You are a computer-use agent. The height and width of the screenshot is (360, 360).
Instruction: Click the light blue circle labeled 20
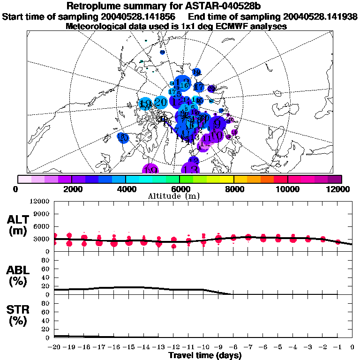point(160,102)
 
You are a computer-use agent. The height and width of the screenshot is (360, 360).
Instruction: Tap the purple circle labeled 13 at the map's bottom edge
point(191,169)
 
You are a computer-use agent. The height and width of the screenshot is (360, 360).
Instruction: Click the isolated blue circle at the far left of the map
point(123,138)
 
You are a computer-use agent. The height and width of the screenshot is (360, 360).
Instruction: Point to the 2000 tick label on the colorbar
point(71,189)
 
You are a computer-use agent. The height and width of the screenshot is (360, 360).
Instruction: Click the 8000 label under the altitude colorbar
point(233,189)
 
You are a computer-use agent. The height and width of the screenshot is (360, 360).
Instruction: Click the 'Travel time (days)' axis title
point(205,355)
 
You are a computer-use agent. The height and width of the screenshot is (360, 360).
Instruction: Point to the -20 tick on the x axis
point(54,347)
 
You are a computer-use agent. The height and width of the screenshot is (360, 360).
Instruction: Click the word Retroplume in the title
point(93,6)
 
